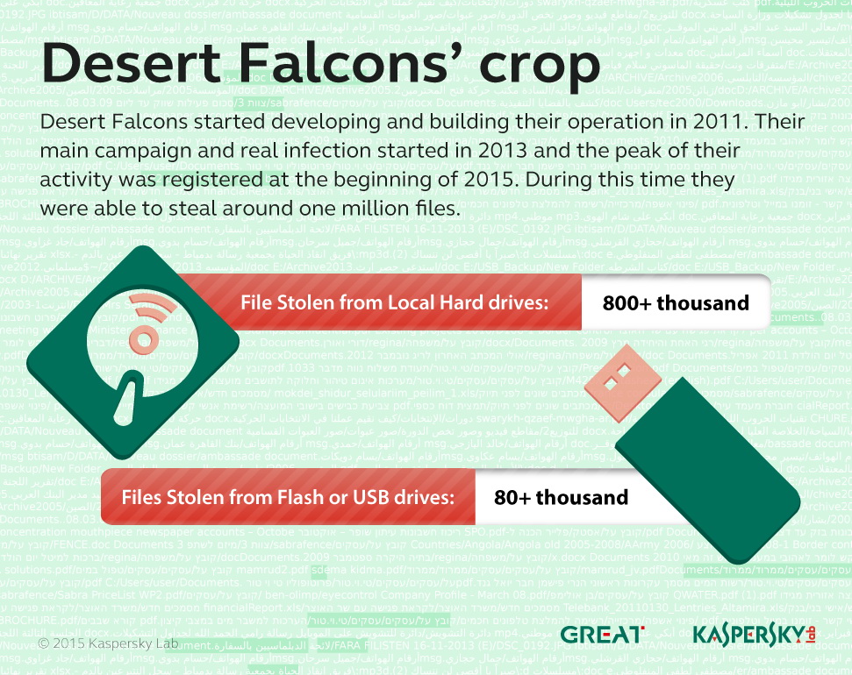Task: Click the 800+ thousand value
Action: click(x=675, y=303)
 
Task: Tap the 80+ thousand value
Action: click(x=561, y=497)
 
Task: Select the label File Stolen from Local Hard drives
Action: click(x=394, y=303)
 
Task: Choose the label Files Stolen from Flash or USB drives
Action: click(x=287, y=497)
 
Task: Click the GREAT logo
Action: click(x=602, y=634)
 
